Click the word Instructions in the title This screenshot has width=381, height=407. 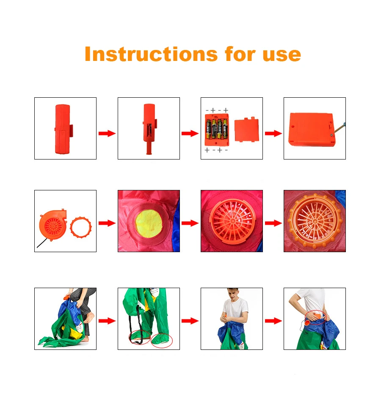click(x=151, y=54)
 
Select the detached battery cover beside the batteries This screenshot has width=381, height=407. click(x=247, y=129)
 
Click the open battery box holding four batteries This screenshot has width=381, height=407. click(x=217, y=129)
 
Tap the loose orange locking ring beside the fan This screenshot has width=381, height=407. click(x=81, y=227)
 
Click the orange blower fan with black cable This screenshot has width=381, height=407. click(x=53, y=225)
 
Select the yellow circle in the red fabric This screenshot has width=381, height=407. click(x=149, y=223)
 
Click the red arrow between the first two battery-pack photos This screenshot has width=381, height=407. click(x=107, y=133)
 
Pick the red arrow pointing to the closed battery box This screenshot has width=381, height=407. click(x=273, y=133)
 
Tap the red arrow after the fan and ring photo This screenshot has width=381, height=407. click(x=107, y=223)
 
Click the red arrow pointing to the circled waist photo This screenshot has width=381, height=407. click(x=273, y=321)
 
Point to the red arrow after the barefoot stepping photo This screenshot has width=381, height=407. click(x=107, y=321)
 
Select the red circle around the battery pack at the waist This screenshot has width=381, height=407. click(x=315, y=317)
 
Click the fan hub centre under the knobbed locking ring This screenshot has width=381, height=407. click(x=315, y=221)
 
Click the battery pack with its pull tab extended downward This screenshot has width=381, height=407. click(x=149, y=129)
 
